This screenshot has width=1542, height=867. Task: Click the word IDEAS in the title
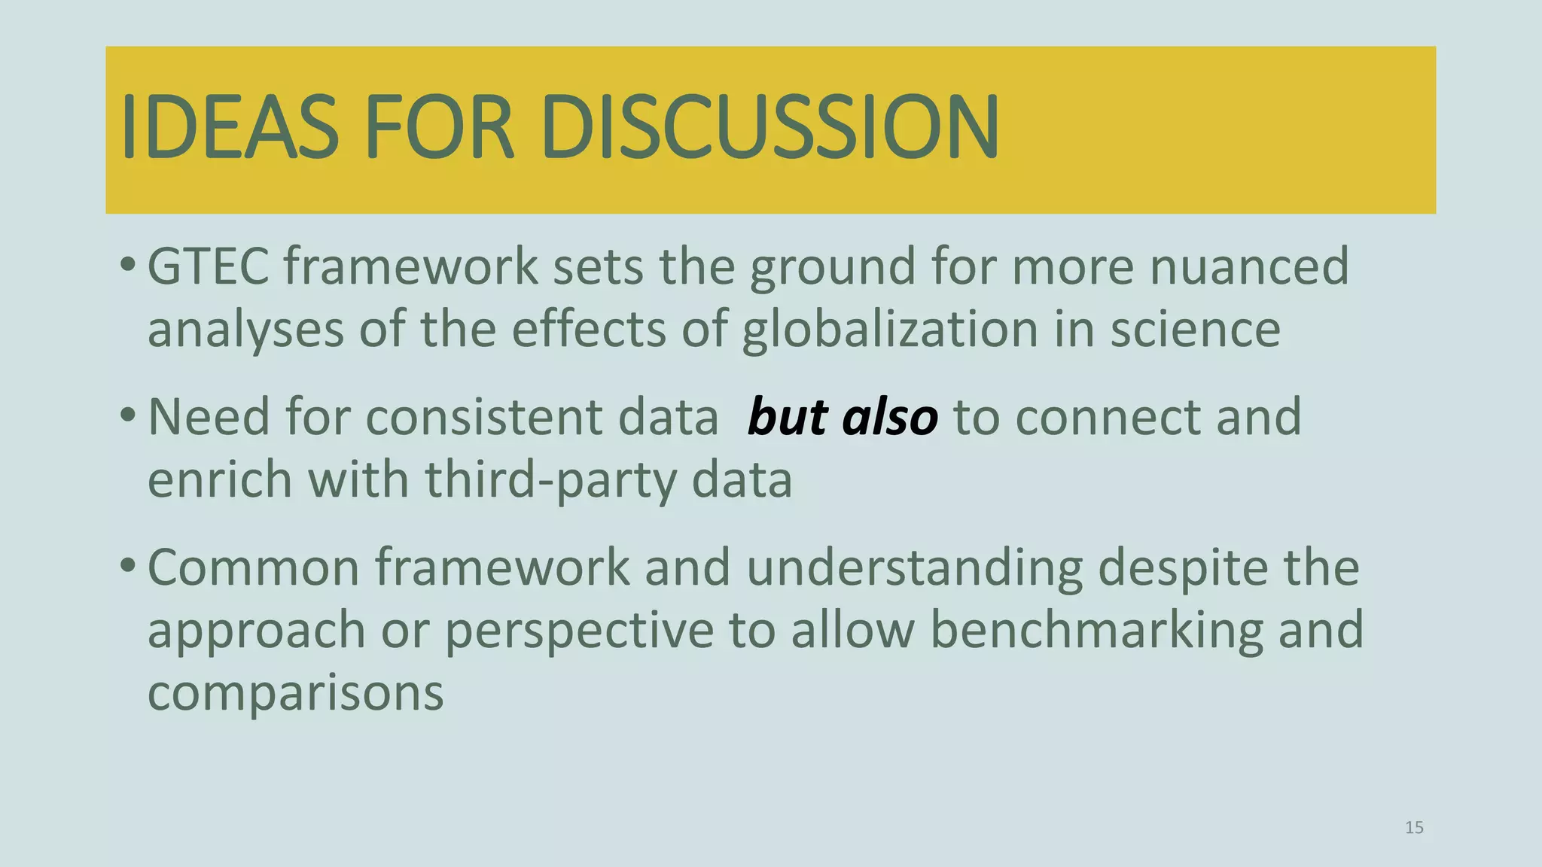pos(230,126)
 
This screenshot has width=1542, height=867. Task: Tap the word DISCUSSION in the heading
pos(769,126)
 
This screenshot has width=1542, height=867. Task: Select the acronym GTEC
pos(208,266)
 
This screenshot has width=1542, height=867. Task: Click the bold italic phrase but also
pos(843,417)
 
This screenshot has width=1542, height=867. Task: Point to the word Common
pos(254,567)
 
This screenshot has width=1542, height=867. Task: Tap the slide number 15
pos(1414,828)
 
